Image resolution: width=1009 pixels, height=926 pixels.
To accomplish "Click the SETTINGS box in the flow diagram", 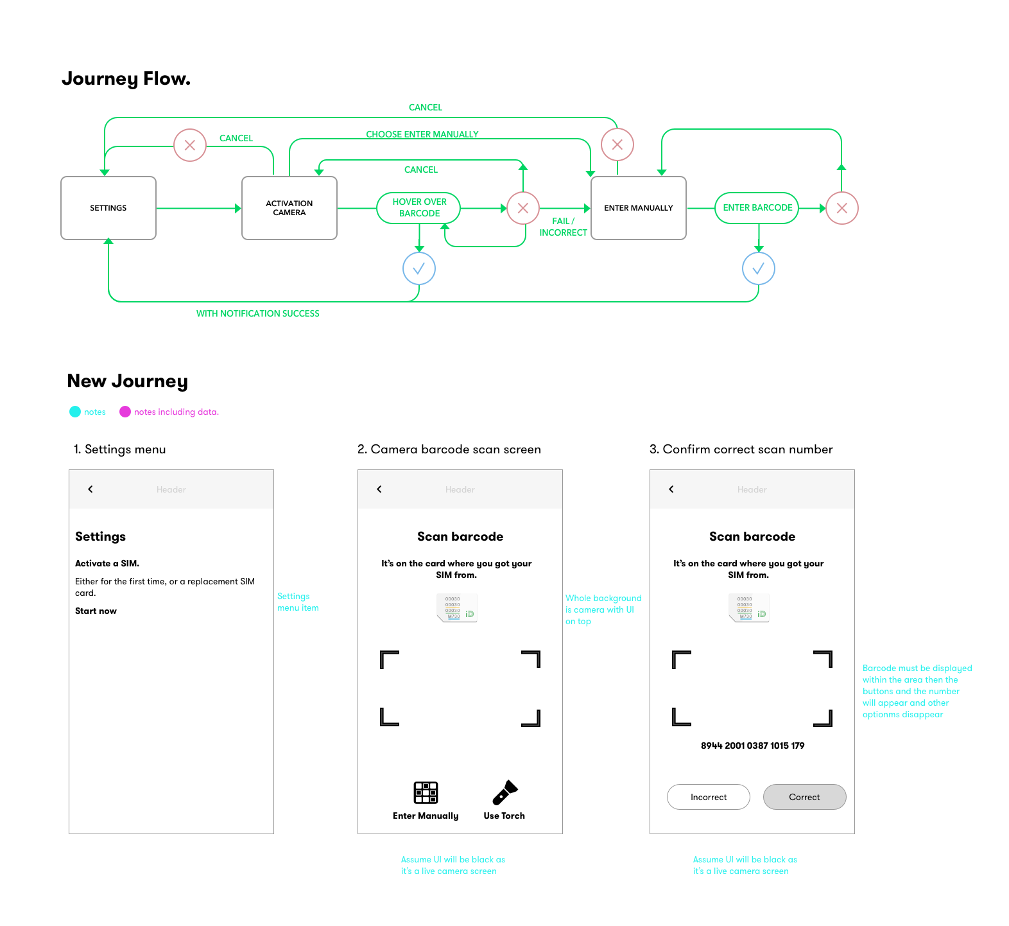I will click(x=108, y=208).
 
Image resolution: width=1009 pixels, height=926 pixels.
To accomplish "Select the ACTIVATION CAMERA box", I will click(x=289, y=208).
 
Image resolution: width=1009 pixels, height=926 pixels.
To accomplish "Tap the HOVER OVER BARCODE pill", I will click(x=419, y=208).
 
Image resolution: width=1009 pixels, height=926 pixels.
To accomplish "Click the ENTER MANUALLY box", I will click(x=639, y=208).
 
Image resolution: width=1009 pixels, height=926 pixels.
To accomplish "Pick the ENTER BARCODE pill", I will click(x=757, y=208).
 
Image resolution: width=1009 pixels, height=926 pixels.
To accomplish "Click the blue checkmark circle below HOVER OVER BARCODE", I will click(x=419, y=268).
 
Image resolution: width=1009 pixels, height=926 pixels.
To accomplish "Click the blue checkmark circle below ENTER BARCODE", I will click(x=758, y=268).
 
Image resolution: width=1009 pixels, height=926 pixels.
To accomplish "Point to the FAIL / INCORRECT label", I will click(x=563, y=227).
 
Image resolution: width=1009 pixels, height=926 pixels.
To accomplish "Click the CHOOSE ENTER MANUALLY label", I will click(x=422, y=134).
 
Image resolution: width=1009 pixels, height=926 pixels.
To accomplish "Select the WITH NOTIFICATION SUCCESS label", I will click(x=257, y=313).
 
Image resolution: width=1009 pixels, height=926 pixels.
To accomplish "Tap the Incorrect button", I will click(x=709, y=797).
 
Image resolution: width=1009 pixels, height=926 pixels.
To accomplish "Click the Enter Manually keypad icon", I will click(x=426, y=792).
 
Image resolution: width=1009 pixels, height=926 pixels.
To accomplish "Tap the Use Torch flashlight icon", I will click(x=504, y=792).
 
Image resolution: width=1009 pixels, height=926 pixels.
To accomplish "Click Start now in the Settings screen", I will click(x=96, y=611).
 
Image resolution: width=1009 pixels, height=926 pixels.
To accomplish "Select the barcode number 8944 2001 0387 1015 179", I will click(x=752, y=746).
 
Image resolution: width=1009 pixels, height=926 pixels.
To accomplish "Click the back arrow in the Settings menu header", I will click(x=91, y=489).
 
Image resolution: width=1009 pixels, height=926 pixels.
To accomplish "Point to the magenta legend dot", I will click(x=125, y=412).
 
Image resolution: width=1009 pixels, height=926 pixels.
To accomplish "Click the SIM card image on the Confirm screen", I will click(x=748, y=607).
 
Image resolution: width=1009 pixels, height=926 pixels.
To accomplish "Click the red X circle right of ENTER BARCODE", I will click(x=841, y=208).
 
